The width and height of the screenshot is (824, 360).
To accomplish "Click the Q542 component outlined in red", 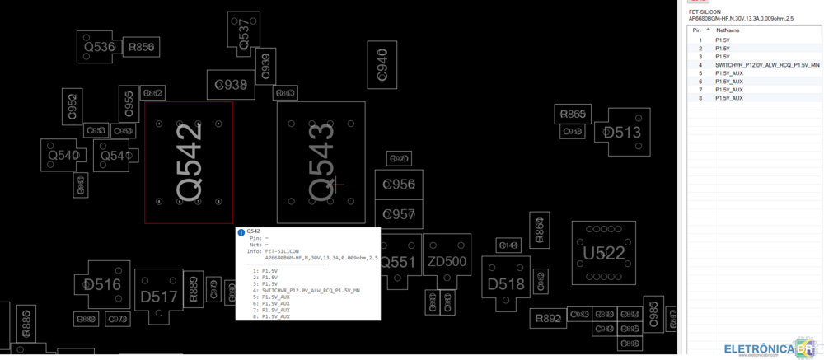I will click(188, 161).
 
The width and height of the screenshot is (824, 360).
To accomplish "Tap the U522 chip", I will click(603, 253).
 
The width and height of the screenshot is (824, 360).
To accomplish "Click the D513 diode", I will click(623, 133).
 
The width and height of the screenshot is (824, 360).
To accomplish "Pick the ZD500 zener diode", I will click(447, 263).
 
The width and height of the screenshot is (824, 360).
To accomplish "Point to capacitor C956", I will click(399, 185).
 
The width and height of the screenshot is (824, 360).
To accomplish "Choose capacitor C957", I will click(399, 214).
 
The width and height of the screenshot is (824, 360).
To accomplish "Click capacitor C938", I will click(231, 84).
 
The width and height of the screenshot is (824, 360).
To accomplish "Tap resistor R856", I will click(141, 48).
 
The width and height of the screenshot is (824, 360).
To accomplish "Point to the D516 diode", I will click(102, 285).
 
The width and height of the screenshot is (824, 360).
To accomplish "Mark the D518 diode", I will click(505, 284).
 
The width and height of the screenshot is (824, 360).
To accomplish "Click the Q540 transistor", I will click(63, 155).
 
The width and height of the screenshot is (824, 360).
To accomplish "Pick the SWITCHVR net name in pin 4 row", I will click(767, 64).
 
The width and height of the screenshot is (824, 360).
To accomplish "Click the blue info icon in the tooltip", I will click(241, 232).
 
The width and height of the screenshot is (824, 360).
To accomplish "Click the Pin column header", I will click(697, 30).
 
